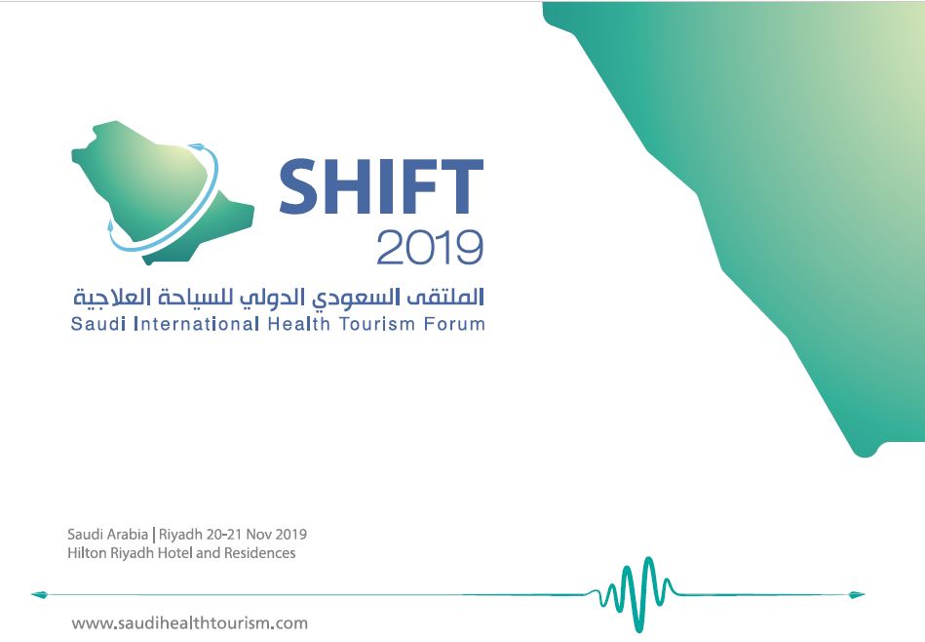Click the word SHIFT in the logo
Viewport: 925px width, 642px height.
[381, 186]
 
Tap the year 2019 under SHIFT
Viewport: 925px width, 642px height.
[430, 248]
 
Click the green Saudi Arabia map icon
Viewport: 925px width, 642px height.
[162, 192]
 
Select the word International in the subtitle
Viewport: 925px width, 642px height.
[197, 324]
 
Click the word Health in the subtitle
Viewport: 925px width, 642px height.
[298, 324]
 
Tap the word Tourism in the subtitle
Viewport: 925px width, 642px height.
[377, 324]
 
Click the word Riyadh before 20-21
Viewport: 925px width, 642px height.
[181, 535]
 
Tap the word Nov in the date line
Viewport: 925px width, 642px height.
[258, 535]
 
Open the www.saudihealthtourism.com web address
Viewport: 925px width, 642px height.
[189, 623]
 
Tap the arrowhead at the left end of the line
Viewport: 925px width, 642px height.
[38, 595]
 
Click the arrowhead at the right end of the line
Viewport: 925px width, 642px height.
[857, 595]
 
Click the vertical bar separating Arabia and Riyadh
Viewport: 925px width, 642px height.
[154, 535]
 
